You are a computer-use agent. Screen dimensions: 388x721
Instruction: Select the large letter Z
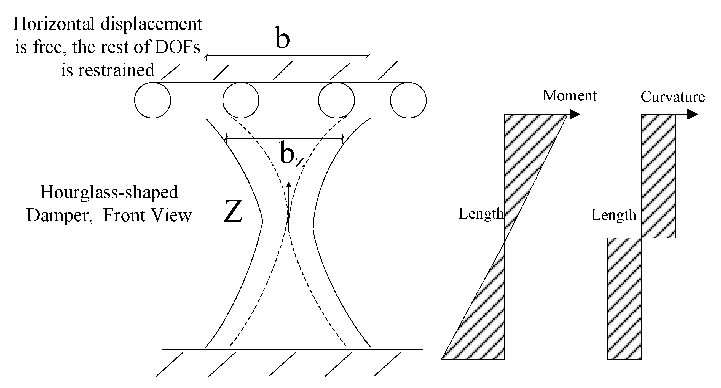233,212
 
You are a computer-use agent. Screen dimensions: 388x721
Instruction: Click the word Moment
569,96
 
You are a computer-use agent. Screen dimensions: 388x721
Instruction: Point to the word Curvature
672,97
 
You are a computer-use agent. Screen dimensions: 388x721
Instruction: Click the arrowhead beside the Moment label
574,114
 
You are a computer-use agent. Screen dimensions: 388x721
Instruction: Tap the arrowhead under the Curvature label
692,114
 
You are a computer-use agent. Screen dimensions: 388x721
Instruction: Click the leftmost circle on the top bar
152,100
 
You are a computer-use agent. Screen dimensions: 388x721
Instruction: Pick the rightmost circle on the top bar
408,100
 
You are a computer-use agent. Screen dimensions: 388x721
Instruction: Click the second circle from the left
241,100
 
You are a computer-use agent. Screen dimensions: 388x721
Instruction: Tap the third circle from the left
336,100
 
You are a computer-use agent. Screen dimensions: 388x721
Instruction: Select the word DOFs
177,47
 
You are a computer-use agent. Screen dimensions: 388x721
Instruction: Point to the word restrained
116,70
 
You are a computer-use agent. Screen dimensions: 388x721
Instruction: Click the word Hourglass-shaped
109,192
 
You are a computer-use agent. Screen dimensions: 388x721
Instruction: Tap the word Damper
58,216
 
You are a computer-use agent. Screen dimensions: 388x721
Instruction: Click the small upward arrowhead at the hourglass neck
289,185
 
